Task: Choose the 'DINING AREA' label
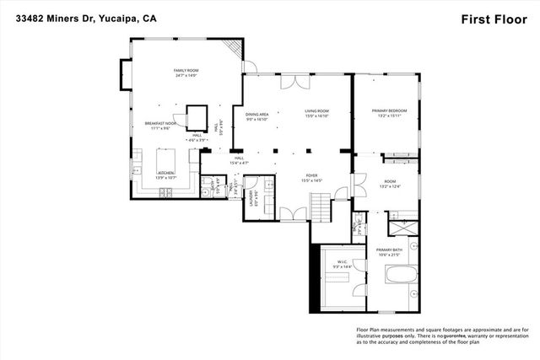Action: point(256,115)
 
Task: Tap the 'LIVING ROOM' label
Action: point(316,111)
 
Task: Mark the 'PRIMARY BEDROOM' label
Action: point(390,111)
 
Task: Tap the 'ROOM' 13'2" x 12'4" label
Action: point(389,183)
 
